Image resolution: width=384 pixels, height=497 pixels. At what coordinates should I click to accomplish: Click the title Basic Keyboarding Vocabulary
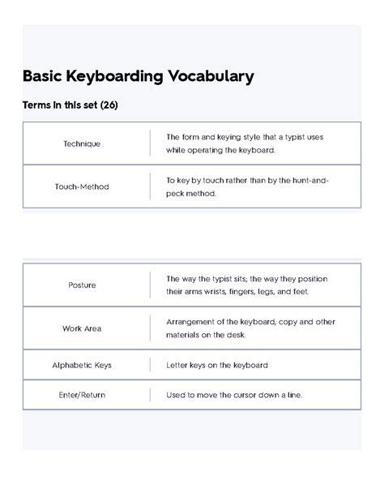pos(138,77)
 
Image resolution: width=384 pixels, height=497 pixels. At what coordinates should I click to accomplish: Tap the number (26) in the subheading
pos(108,106)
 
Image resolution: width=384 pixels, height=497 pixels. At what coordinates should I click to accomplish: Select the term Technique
pos(82,144)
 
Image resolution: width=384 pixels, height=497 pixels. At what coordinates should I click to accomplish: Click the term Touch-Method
pos(82,186)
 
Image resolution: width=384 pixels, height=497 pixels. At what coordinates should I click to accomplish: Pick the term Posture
pos(82,285)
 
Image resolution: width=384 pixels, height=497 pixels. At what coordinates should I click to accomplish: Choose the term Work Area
pos(82,328)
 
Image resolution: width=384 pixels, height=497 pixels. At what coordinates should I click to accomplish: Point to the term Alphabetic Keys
pos(82,365)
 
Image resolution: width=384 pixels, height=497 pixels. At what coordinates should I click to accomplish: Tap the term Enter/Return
pos(82,395)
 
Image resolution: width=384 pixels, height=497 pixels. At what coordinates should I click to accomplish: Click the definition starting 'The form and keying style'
pos(244,144)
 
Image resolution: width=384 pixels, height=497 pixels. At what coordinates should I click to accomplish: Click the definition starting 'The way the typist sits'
pos(246,285)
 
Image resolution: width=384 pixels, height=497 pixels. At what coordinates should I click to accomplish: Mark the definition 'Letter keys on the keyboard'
pos(216,365)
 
